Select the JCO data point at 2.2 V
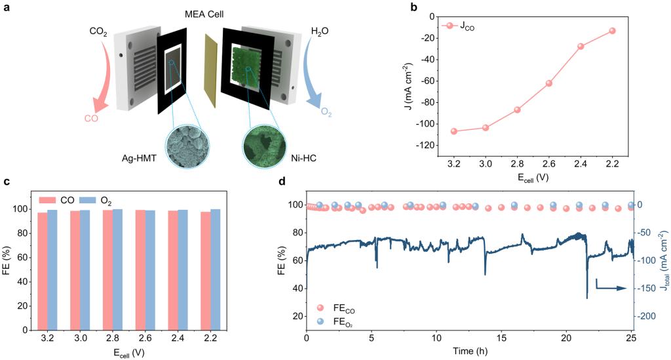click(x=613, y=31)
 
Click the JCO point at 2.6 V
click(x=549, y=83)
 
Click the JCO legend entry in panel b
click(x=462, y=26)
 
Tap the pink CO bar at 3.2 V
click(x=43, y=269)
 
